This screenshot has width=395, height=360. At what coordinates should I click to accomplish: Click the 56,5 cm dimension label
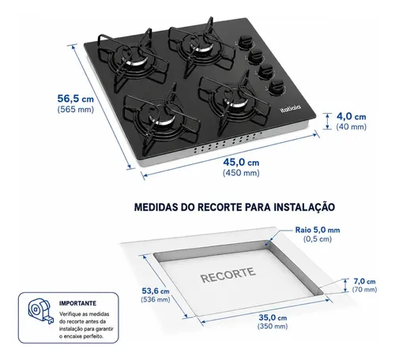pos(76,99)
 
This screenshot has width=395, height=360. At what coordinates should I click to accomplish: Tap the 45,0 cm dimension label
pos(241,163)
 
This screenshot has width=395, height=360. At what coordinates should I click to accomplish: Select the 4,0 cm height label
pos(352,117)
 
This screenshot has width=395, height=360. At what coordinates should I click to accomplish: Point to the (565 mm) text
pos(76,110)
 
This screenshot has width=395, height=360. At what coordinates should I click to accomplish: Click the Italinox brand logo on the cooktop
pos(290,108)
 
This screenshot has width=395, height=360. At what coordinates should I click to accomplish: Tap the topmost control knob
pos(245,42)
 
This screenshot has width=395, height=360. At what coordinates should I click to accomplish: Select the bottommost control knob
pos(276,88)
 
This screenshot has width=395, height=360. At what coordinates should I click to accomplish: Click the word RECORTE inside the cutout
pos(228,276)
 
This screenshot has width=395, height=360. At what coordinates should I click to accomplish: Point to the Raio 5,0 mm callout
pos(318,230)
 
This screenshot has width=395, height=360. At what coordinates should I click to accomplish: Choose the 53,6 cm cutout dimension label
pos(156,291)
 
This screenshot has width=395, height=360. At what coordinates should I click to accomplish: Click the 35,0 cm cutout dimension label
pos(273,317)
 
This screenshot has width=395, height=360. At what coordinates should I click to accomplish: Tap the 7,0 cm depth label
pos(364,281)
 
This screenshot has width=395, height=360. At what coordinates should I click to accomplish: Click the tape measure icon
pos(41,311)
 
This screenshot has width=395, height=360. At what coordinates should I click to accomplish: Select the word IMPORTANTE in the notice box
pos(77,303)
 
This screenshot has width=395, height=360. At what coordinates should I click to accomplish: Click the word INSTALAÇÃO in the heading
pos(304,207)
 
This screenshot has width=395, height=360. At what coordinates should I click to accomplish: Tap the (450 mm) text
pos(241,173)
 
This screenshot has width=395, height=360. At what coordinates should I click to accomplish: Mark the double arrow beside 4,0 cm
pos(327,122)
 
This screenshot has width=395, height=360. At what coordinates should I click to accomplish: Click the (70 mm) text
pos(364,290)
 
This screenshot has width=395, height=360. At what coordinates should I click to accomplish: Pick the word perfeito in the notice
pos(93,336)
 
